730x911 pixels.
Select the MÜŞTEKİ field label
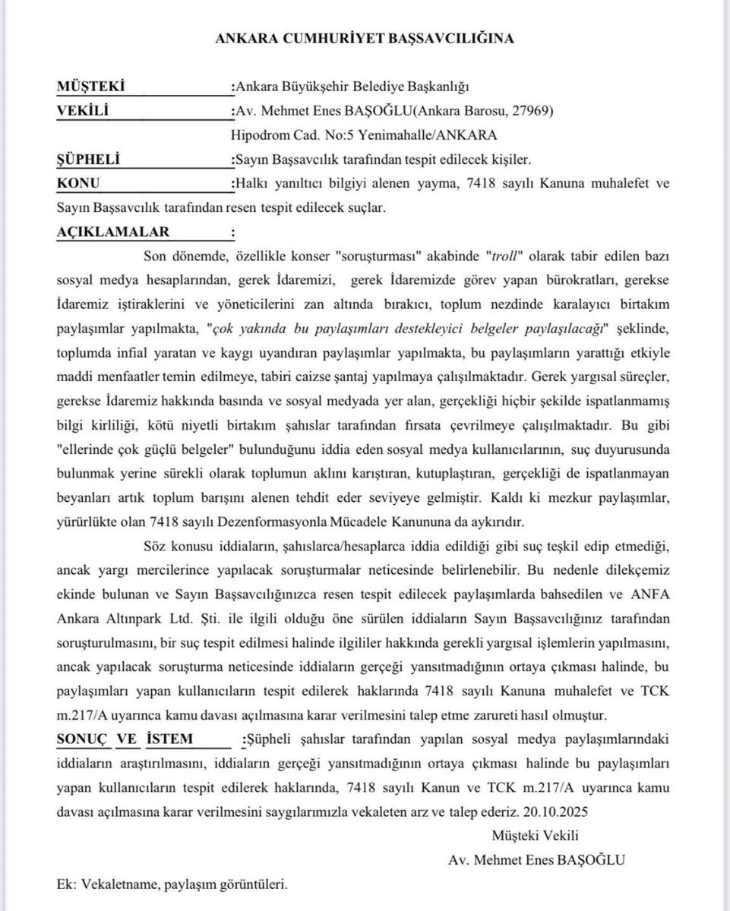(90, 87)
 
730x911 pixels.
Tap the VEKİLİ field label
(83, 112)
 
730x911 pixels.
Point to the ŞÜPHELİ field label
(89, 160)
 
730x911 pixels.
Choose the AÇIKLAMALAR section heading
(113, 232)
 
